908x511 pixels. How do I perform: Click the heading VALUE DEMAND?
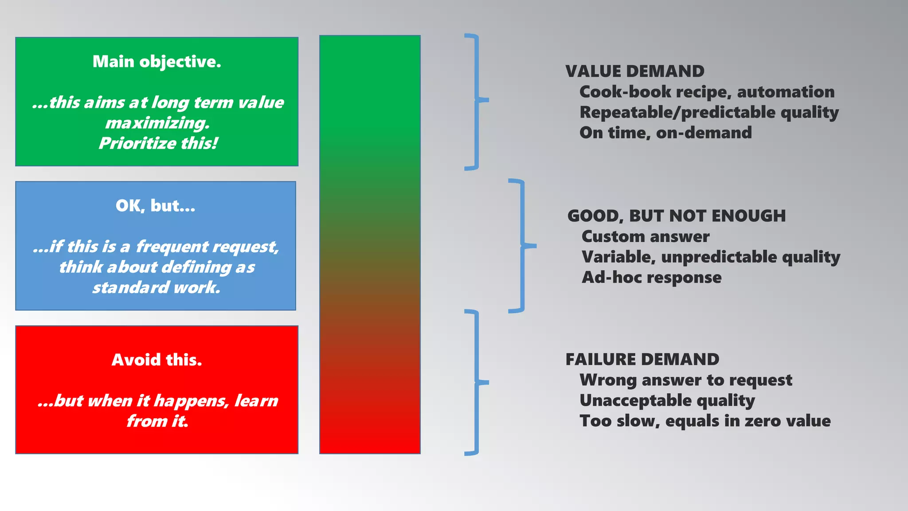coord(634,71)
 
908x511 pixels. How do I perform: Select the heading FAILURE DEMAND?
coord(642,359)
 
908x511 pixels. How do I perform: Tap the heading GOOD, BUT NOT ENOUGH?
coord(676,216)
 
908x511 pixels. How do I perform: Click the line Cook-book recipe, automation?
coord(707,92)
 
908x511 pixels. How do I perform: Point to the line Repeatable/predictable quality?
coord(709,112)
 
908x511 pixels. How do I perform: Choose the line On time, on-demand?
coord(665,133)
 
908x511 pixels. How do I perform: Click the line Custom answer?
coord(645,236)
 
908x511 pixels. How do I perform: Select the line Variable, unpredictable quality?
coord(711,257)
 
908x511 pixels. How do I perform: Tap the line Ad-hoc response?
coord(651,277)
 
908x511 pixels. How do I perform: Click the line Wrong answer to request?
coord(685,380)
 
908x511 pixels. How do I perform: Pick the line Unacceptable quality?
coord(667,401)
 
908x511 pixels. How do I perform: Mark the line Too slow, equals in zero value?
coord(705,421)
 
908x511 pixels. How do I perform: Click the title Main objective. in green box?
coord(157,62)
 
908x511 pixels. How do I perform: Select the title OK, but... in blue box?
coord(155,206)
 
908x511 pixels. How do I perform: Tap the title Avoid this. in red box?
coord(157,360)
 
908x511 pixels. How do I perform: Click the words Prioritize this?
coord(158,143)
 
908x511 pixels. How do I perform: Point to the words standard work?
coord(156,287)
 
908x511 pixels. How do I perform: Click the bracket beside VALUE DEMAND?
coord(477,101)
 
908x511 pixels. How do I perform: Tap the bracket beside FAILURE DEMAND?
coord(477,382)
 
